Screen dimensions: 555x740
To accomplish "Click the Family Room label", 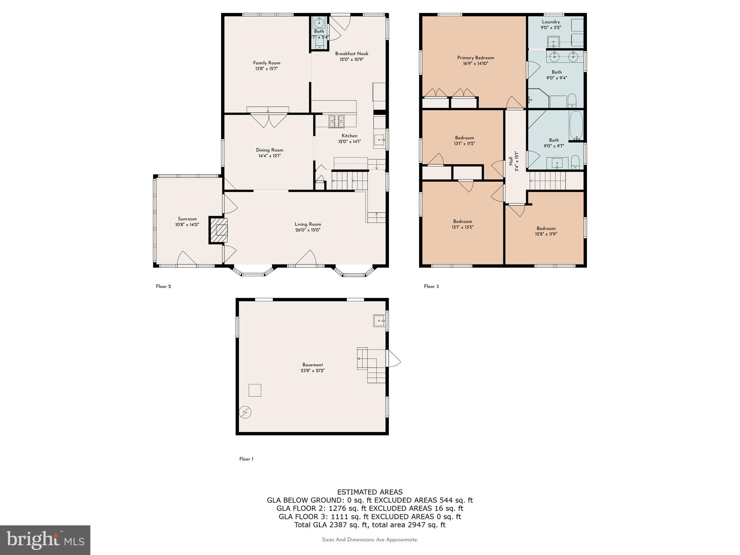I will coord(266,63).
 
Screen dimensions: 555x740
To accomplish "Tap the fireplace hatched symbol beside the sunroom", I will coord(219,230).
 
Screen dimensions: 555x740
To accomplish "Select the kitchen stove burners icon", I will coord(336,121).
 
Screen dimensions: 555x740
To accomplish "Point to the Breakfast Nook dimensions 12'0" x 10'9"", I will coord(351,60).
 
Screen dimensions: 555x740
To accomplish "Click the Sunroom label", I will coord(187,219).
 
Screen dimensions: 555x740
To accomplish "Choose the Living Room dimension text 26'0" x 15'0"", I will coord(307,230).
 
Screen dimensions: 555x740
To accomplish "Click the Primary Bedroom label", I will coord(476,58).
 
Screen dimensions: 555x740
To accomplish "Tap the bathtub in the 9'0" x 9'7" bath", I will coord(576,125).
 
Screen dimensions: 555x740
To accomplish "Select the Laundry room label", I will coord(551,22).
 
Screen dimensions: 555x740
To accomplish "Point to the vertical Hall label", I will coord(511,161).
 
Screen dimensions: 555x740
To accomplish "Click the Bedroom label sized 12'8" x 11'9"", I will coord(546,228).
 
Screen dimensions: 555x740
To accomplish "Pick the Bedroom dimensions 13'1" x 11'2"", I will coord(464,143).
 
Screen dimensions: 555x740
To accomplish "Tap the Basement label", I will coord(313,365).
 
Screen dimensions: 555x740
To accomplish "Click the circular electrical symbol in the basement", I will coord(245,412).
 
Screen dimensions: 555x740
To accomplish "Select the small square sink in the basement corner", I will coord(379,320).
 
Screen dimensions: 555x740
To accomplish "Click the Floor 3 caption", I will coord(431,287).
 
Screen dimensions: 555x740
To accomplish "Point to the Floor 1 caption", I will coord(246,459).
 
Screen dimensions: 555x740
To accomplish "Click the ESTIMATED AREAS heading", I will coord(370,492).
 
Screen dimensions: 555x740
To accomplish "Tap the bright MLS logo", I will coord(45,540).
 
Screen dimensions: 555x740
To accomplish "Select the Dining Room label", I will coord(270,150).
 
